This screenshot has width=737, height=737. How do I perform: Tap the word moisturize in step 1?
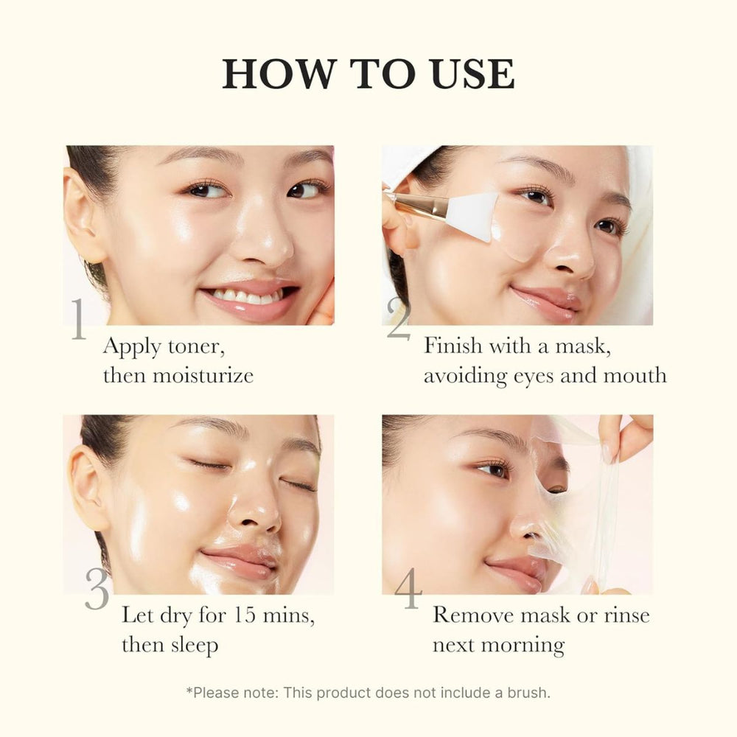tap(203, 375)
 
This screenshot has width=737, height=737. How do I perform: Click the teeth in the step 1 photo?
tap(246, 297)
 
